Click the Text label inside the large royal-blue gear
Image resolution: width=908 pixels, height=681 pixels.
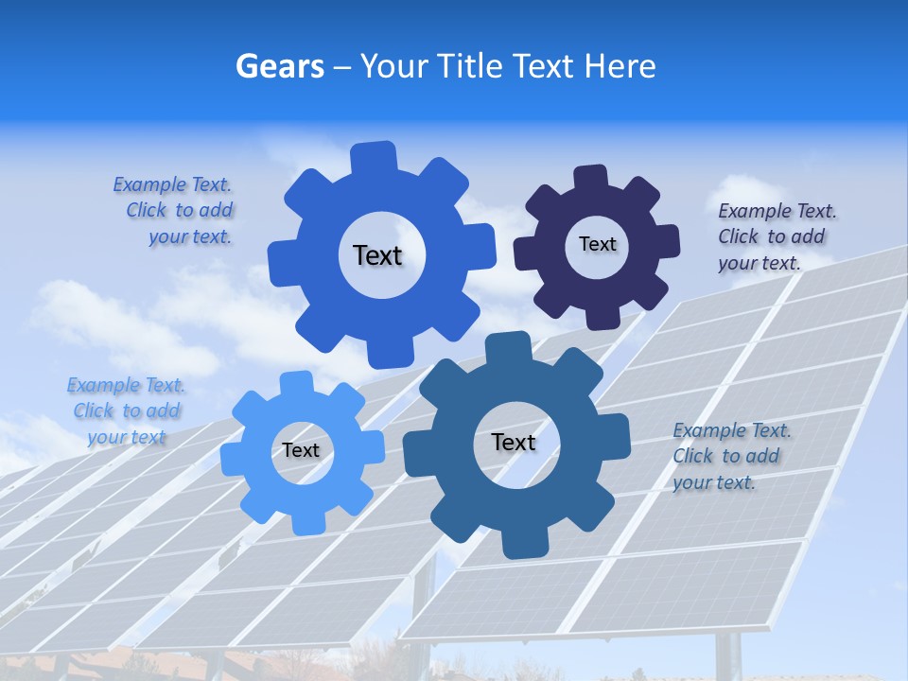click(377, 255)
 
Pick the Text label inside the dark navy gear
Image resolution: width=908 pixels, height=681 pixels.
click(597, 244)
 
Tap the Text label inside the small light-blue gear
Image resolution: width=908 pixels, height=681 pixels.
click(301, 450)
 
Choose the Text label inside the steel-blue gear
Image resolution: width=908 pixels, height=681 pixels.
click(514, 443)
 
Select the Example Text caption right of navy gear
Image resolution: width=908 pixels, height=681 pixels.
click(776, 237)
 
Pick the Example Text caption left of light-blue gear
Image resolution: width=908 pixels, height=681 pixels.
click(126, 410)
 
